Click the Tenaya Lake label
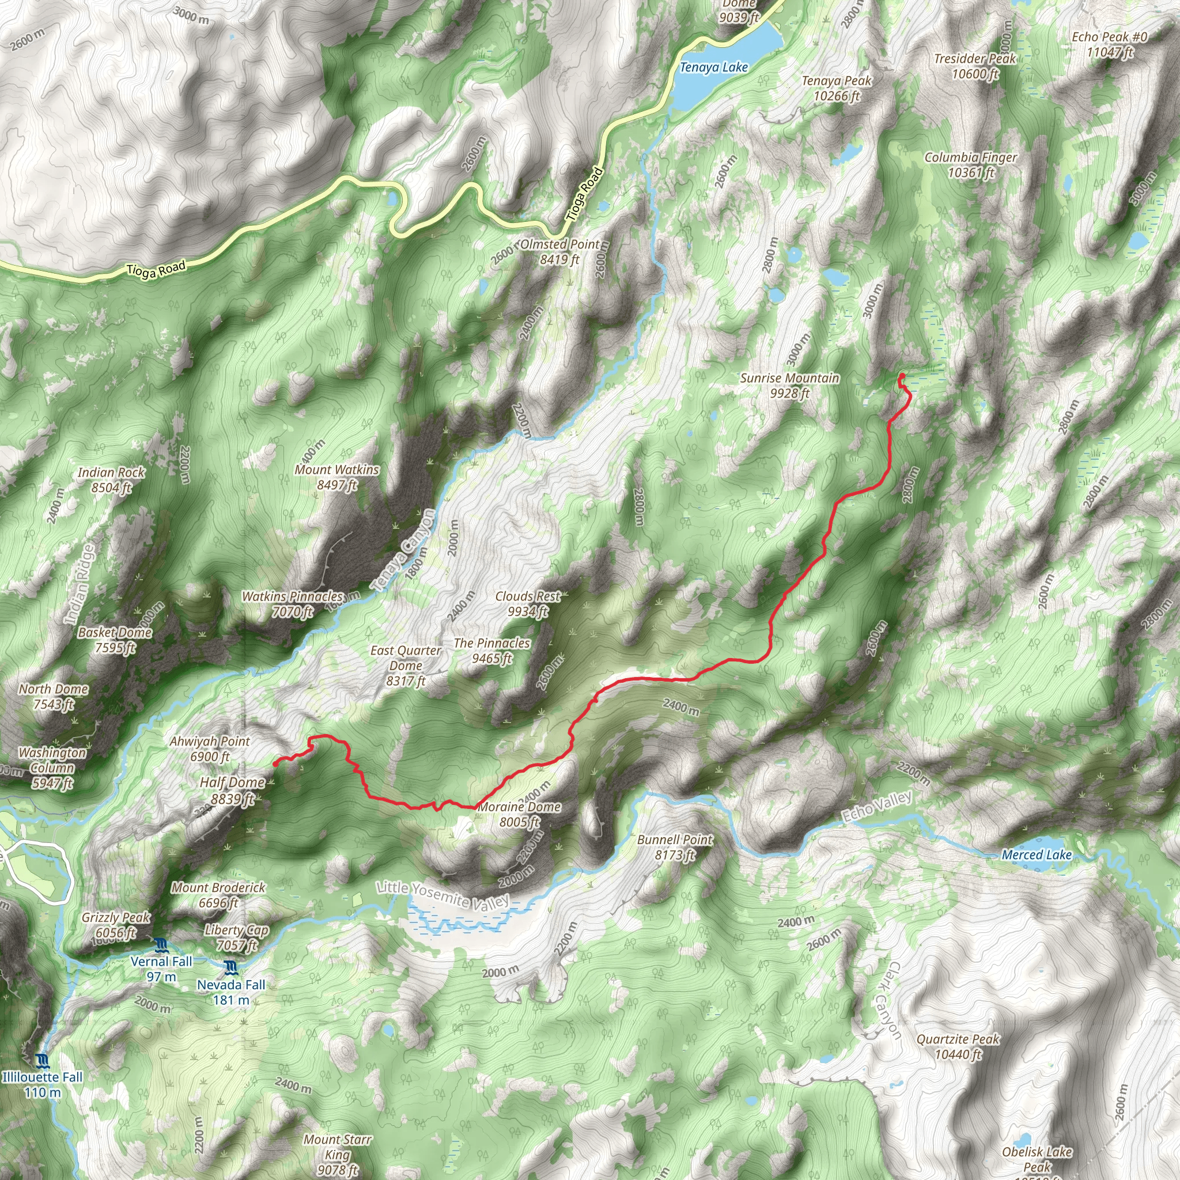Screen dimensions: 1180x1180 tap(713, 67)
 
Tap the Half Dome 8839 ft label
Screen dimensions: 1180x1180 tap(232, 791)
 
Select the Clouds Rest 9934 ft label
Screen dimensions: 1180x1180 tap(528, 603)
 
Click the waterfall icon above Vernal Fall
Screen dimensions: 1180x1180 tap(161, 947)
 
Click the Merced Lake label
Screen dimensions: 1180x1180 tap(1037, 855)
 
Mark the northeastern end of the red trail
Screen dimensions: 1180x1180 tap(902, 376)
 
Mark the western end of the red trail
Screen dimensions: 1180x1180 tap(276, 763)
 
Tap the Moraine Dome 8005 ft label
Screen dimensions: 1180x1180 tap(519, 814)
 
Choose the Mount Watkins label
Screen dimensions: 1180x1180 tap(336, 477)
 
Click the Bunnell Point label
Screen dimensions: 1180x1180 tap(674, 847)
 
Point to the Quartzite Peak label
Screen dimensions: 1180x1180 tap(958, 1046)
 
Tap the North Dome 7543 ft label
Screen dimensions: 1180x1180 tap(54, 696)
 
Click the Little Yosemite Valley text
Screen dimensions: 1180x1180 tap(443, 895)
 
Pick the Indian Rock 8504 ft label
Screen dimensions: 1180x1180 tap(111, 479)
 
